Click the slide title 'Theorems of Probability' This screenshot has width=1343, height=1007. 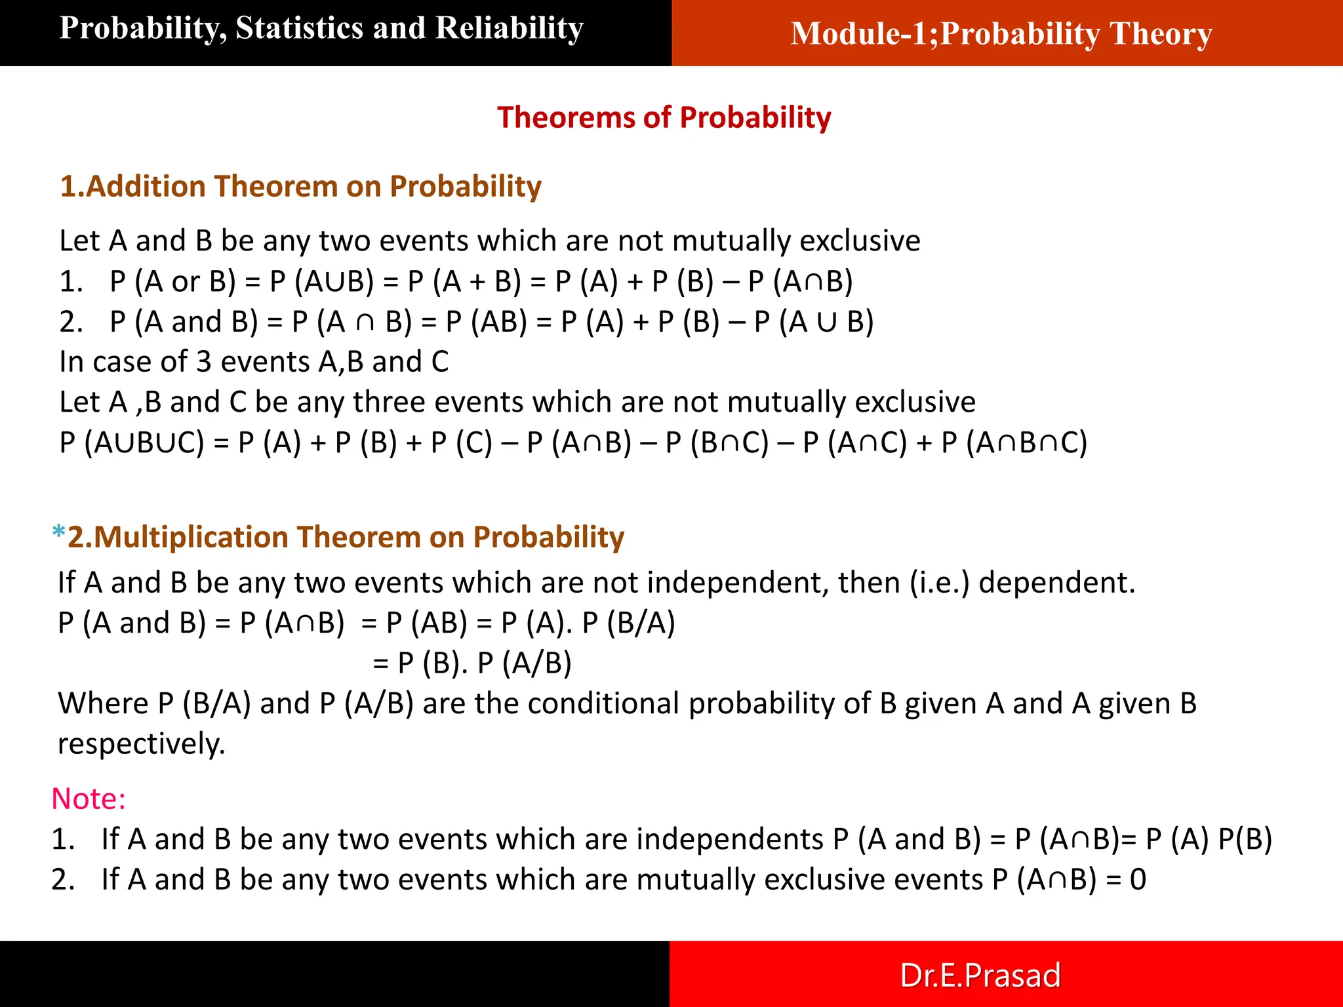click(664, 118)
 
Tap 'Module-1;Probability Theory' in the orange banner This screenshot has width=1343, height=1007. click(1001, 34)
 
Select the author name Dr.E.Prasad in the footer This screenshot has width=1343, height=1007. click(980, 975)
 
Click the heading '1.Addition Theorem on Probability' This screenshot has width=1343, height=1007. click(300, 187)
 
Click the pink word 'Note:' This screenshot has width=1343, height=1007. click(89, 799)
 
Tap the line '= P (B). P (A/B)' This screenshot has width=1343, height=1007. click(472, 663)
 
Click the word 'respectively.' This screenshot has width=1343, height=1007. click(141, 744)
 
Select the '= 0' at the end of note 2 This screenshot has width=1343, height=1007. click(1126, 880)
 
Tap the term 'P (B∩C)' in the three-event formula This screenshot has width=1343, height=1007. click(717, 443)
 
